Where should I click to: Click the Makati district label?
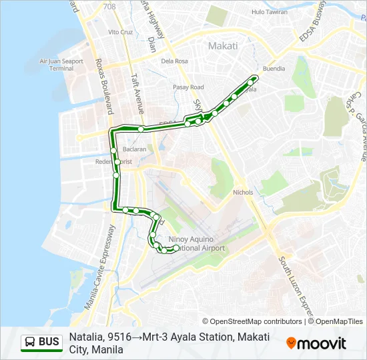(x=223, y=46)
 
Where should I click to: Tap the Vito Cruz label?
(x=121, y=32)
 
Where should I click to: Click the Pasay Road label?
(x=188, y=87)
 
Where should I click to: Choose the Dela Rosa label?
(x=174, y=61)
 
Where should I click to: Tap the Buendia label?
(x=274, y=69)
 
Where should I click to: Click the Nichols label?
(x=243, y=192)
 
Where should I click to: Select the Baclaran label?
(x=133, y=149)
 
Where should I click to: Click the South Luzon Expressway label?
(x=294, y=288)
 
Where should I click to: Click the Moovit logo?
(x=316, y=343)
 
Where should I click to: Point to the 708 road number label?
(x=109, y=6)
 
